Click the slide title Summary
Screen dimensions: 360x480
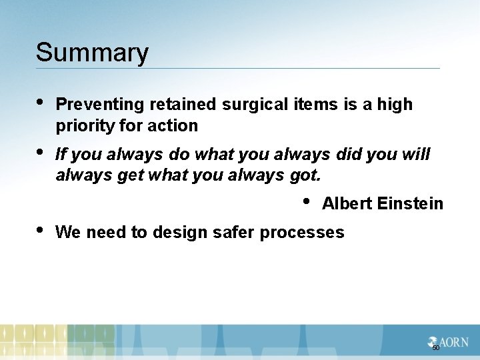(92, 53)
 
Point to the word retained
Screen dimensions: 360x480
(183, 105)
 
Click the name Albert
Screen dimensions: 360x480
(347, 204)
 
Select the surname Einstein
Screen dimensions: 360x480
(410, 204)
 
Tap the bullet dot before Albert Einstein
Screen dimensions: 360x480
(306, 200)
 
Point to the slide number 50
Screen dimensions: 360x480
(436, 348)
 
